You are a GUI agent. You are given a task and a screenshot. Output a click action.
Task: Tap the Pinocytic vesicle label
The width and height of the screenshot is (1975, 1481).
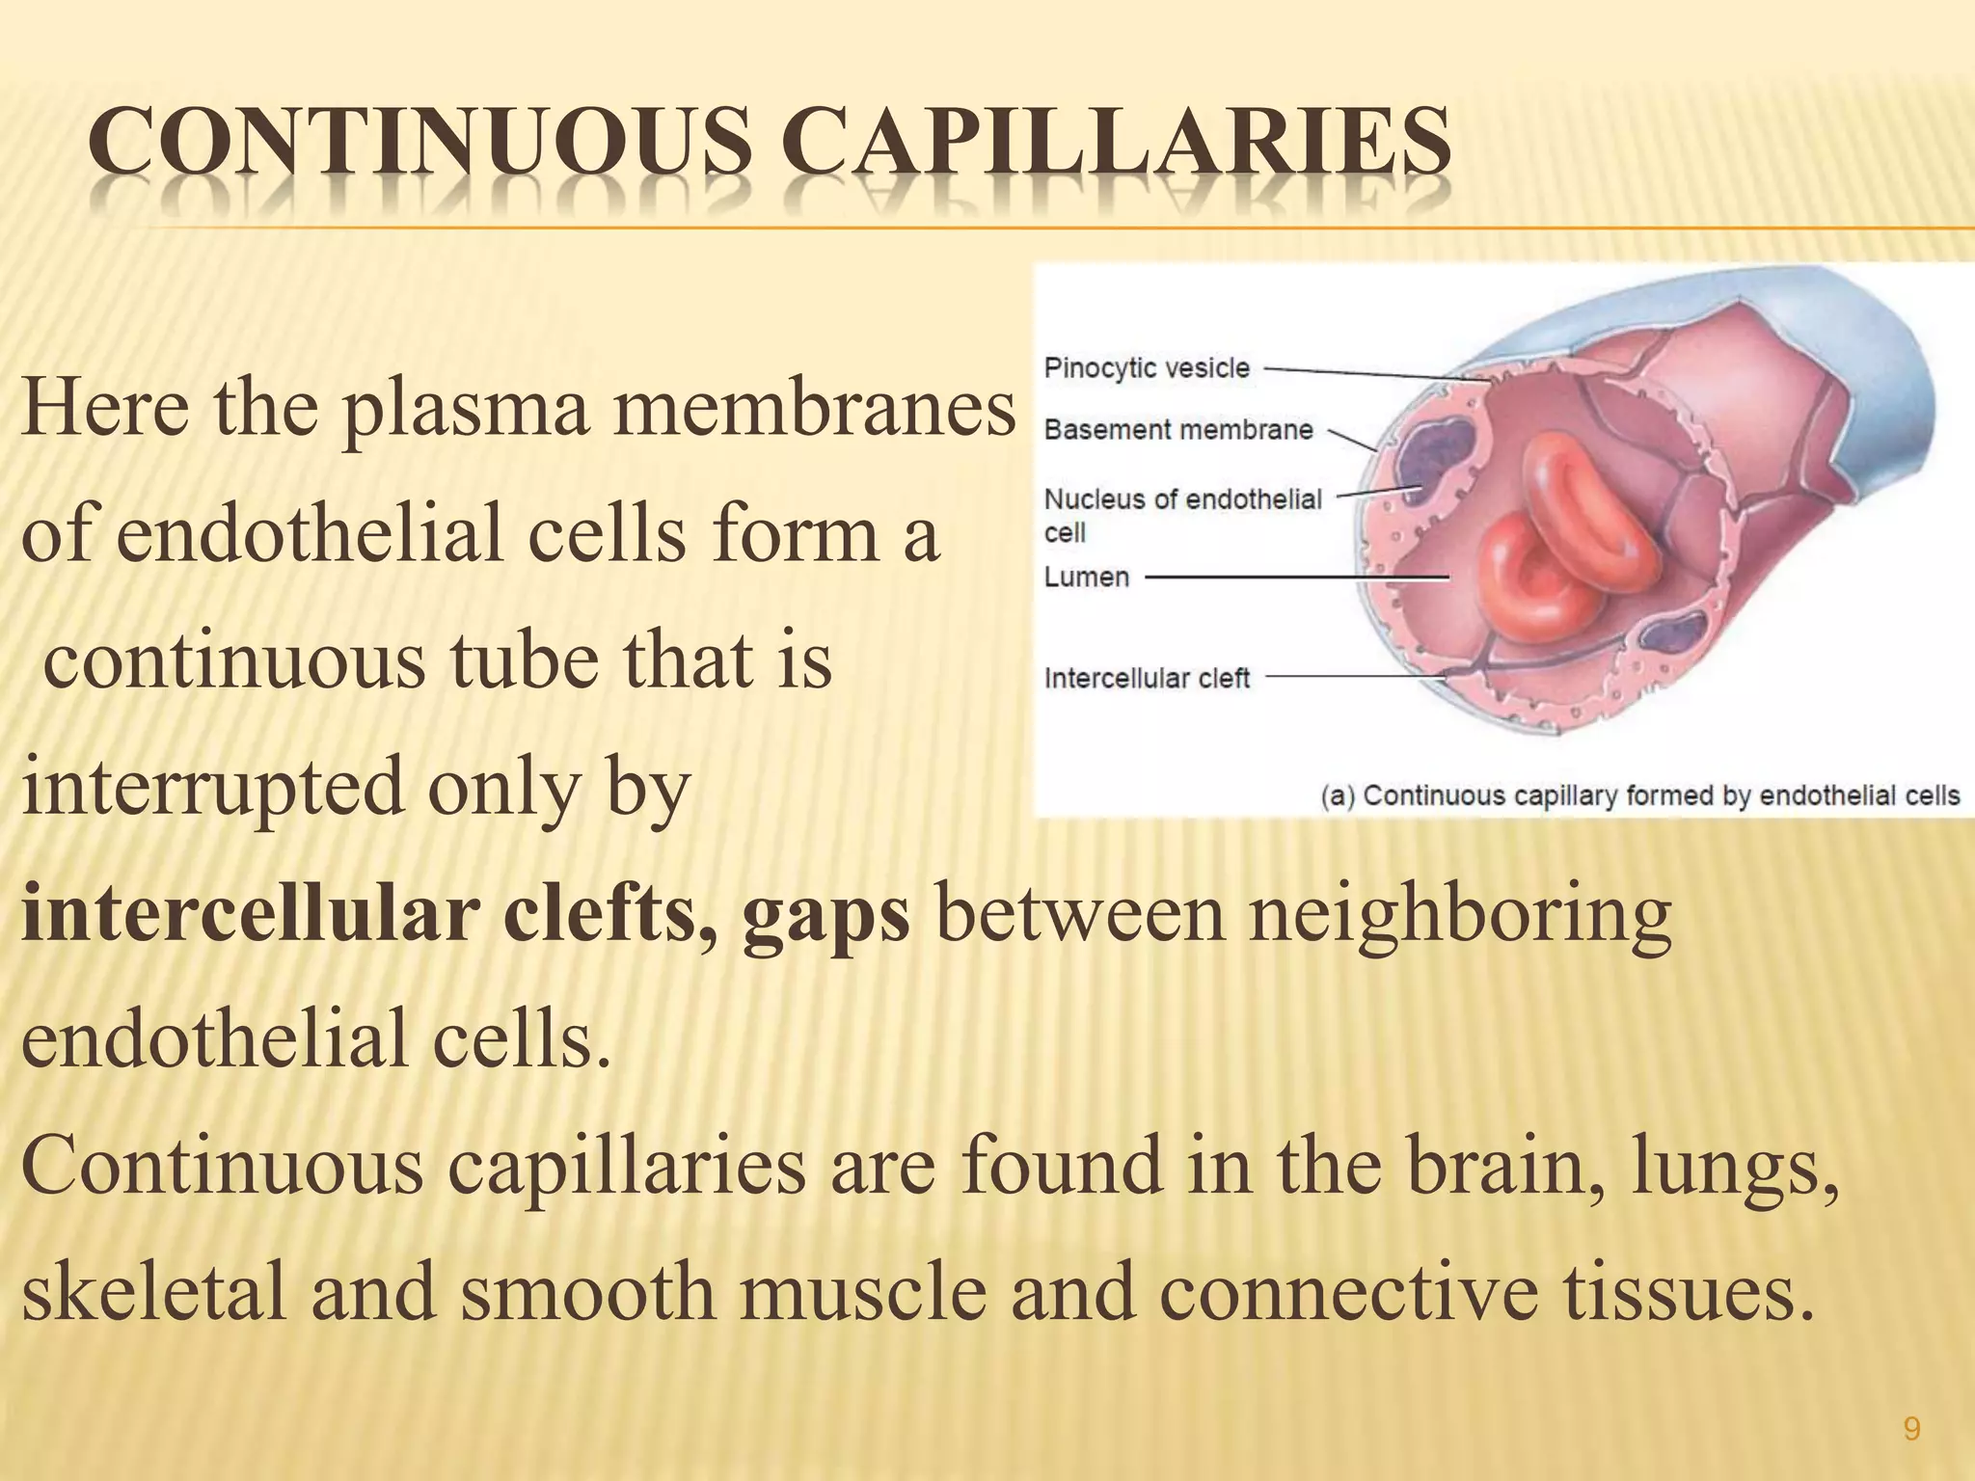[1147, 368]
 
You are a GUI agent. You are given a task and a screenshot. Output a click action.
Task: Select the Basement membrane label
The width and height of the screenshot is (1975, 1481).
[1178, 430]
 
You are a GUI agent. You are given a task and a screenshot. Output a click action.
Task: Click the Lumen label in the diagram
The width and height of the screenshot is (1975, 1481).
[1086, 578]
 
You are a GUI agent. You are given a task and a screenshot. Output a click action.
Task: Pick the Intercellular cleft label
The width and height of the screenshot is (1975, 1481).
[1147, 679]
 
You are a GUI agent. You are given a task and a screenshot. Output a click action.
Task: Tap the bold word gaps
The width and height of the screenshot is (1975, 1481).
[825, 914]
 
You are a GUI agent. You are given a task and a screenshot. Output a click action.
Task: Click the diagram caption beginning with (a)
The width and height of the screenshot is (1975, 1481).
[1639, 795]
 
